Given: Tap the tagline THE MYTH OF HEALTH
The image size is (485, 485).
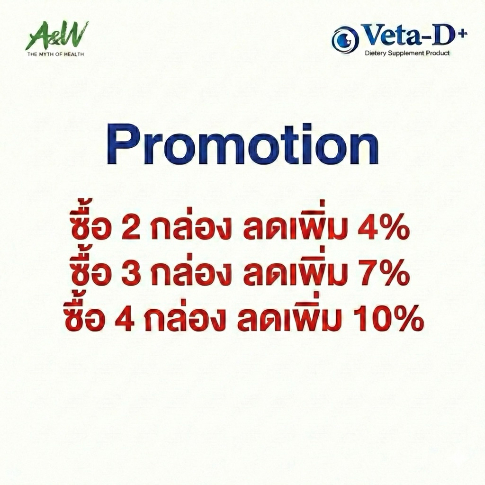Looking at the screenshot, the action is tap(56, 54).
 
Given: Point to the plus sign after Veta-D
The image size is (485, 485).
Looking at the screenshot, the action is tap(463, 33).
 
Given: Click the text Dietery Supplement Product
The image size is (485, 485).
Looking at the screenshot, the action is tap(407, 53).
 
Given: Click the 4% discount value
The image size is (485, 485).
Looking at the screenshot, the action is tap(383, 229).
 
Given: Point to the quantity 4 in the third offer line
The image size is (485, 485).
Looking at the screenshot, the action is tap(125, 319).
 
